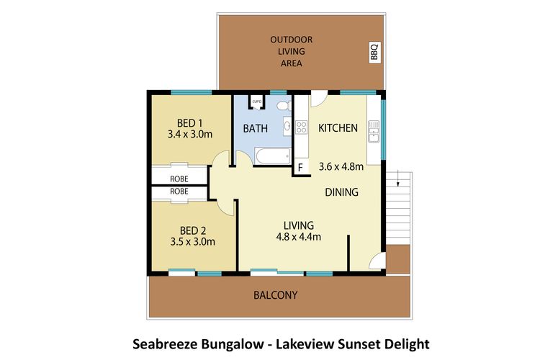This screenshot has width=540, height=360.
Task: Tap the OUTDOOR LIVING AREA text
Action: pyautogui.click(x=292, y=51)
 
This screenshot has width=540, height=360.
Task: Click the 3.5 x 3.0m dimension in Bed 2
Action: pyautogui.click(x=192, y=242)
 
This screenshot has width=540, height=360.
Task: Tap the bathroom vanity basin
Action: pyautogui.click(x=287, y=128)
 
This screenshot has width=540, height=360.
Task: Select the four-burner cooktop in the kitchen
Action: pyautogui.click(x=302, y=128)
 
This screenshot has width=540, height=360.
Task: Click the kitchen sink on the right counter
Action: pyautogui.click(x=373, y=132)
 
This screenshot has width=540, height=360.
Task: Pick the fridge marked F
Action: pyautogui.click(x=300, y=168)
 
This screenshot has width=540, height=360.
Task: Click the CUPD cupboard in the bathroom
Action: pyautogui.click(x=256, y=102)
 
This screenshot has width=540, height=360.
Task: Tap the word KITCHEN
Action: pyautogui.click(x=338, y=128)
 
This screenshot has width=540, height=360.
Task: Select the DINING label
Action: pyautogui.click(x=341, y=192)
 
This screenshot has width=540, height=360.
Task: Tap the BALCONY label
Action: pyautogui.click(x=275, y=295)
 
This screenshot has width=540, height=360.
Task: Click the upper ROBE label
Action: pyautogui.click(x=179, y=178)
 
